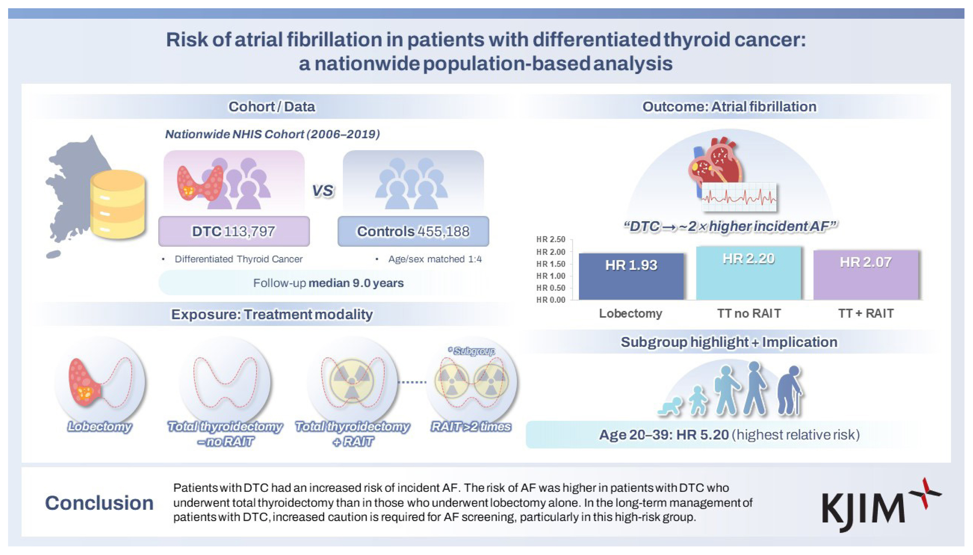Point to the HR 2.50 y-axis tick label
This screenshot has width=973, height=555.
[x=551, y=239]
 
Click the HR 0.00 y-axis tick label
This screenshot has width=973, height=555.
[x=551, y=300]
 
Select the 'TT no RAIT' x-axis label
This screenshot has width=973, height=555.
[x=749, y=313]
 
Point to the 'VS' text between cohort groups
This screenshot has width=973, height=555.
[x=323, y=190]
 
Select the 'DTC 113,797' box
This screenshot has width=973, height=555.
[x=234, y=231]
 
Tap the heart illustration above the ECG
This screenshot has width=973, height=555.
[x=716, y=164]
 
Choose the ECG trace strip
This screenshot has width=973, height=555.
[x=739, y=197]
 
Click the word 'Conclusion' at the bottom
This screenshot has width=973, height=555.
[x=99, y=503]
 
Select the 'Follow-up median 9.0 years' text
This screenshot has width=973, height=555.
[x=328, y=283]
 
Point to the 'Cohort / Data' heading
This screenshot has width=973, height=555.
[x=272, y=107]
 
